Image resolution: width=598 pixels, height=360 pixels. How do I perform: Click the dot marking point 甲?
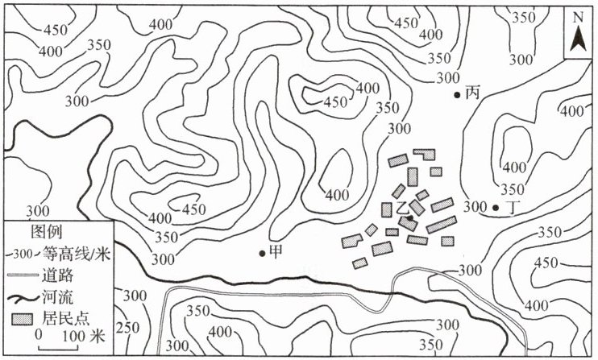coord(263,253)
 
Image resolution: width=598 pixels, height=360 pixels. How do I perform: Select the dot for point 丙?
coord(457,94)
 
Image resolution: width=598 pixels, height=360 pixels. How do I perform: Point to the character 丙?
coord(472,93)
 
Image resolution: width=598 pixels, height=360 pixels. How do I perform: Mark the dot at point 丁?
coord(495,207)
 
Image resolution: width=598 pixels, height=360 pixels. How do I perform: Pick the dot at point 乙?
coord(410,217)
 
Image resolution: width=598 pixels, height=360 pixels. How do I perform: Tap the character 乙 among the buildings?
coord(402,207)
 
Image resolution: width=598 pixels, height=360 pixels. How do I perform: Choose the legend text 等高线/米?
coord(75,254)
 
